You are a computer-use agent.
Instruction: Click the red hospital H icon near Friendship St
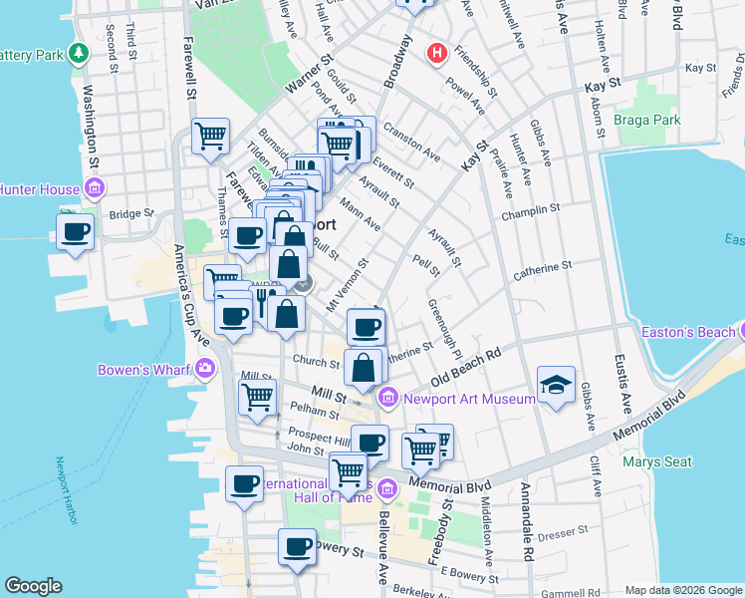435,52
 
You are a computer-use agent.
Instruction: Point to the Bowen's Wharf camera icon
205,369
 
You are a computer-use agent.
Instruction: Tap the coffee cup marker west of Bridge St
75,233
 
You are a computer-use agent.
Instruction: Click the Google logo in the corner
33,586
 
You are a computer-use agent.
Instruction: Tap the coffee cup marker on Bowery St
297,547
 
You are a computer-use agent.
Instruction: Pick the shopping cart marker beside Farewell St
210,136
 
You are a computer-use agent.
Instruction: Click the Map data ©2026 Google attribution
682,590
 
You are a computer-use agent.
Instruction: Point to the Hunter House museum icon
96,187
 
